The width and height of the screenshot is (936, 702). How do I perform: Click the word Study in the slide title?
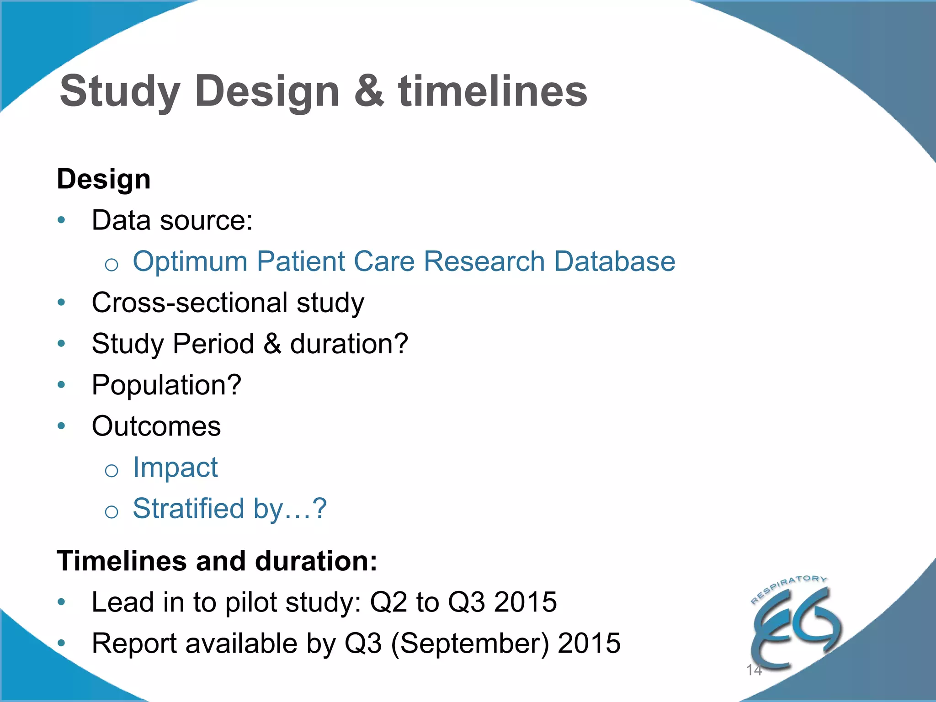(x=120, y=93)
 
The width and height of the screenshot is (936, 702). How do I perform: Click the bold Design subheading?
(x=104, y=179)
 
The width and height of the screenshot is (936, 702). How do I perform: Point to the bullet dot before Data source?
(x=62, y=220)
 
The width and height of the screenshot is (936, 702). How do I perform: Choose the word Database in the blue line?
(x=615, y=261)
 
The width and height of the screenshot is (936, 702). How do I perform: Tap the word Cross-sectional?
(x=190, y=303)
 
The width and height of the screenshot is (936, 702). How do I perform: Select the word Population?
(x=166, y=385)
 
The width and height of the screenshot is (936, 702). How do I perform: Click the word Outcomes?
(x=156, y=426)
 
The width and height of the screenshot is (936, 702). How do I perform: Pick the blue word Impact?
(x=175, y=468)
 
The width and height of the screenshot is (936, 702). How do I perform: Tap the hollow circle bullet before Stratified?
(x=112, y=511)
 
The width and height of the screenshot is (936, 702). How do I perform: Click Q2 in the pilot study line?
(x=388, y=602)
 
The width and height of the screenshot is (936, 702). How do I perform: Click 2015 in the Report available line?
(x=589, y=643)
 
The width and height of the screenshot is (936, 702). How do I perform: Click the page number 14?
(x=754, y=670)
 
